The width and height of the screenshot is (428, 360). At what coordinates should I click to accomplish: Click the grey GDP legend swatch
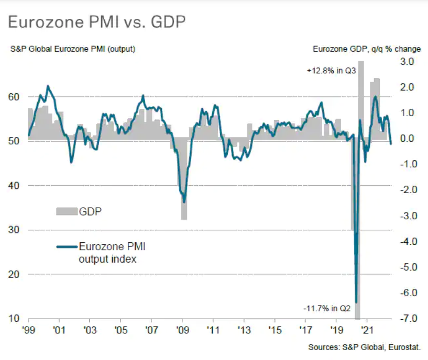(67, 211)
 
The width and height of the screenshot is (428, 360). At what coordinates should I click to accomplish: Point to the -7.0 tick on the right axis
(406, 319)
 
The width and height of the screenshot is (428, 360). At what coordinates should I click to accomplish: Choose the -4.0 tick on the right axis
(406, 242)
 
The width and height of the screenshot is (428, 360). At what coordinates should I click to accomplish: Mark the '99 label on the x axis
(28, 331)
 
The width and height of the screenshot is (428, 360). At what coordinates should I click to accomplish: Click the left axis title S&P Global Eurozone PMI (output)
(73, 50)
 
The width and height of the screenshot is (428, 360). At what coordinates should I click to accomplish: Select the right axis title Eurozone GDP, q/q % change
(366, 50)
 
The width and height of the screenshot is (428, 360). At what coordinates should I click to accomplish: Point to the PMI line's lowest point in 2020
(356, 302)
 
